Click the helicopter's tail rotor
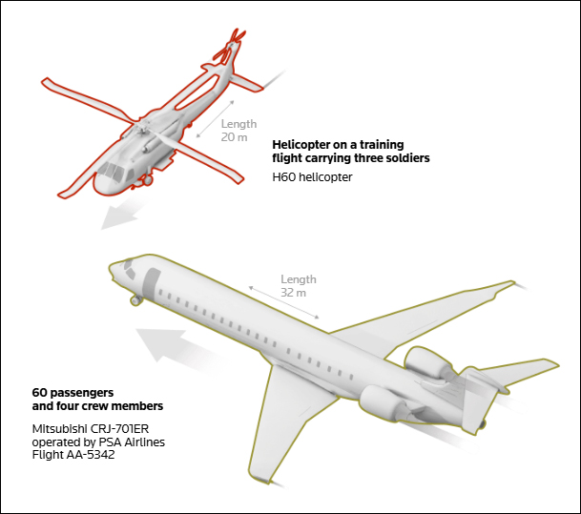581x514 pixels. pyautogui.click(x=230, y=48)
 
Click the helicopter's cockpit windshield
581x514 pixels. pyautogui.click(x=112, y=172)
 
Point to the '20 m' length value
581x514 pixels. pyautogui.click(x=234, y=137)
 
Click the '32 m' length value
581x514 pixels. pyautogui.click(x=294, y=293)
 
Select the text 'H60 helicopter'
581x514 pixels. pyautogui.click(x=312, y=177)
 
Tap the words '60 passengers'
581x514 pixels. pyautogui.click(x=73, y=393)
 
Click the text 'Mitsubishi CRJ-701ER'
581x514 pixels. pyautogui.click(x=91, y=429)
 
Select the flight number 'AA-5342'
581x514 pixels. pyautogui.click(x=91, y=455)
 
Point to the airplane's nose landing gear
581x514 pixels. pyautogui.click(x=136, y=299)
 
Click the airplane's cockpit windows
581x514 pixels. pyautogui.click(x=129, y=269)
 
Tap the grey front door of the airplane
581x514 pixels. pyautogui.click(x=151, y=284)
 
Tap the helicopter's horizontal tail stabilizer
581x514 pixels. pyautogui.click(x=246, y=83)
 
